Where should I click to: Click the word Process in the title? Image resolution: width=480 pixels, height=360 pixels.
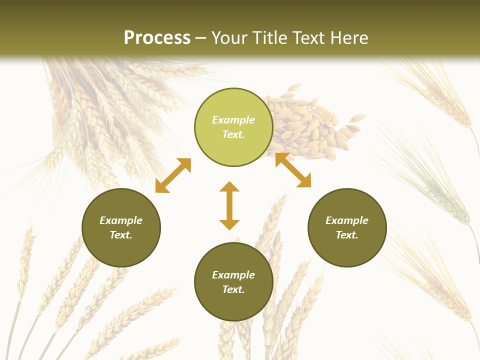point(157,37)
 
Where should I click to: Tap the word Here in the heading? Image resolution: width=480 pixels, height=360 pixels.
point(347,37)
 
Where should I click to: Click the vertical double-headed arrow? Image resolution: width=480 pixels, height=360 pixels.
point(229,205)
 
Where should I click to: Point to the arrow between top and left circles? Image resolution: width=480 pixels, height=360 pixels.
point(173,175)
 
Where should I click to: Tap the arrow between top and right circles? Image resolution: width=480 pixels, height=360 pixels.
point(293,170)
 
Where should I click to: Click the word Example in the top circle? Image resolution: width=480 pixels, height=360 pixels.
point(233,120)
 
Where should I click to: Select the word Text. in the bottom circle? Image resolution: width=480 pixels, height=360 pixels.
point(233,289)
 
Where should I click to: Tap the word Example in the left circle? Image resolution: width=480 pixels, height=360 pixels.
point(121,220)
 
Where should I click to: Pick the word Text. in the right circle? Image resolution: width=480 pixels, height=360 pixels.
point(347,235)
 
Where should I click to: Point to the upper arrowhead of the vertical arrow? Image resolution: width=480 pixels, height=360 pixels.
point(229,187)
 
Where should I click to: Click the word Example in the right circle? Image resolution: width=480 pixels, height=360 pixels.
point(347,220)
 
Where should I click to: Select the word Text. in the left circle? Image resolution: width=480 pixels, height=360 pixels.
point(121,235)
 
